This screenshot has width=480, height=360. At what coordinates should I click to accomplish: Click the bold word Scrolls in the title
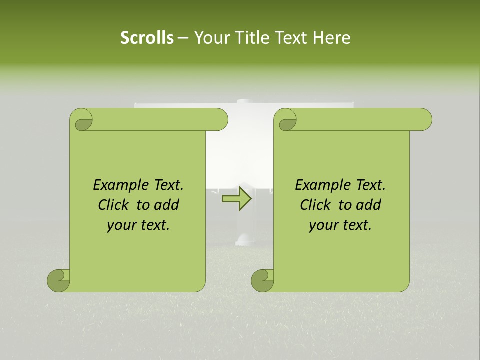click(x=147, y=38)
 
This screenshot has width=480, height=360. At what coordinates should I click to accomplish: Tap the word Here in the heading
click(x=331, y=38)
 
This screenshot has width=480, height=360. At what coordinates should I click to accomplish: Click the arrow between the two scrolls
click(x=237, y=199)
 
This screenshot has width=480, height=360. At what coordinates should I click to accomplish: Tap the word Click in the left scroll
click(x=114, y=205)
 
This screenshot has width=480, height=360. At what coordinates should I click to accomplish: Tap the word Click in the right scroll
click(x=316, y=205)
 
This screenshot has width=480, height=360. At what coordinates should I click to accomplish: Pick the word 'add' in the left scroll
click(x=167, y=205)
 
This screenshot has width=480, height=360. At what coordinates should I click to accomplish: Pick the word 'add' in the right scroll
click(x=369, y=205)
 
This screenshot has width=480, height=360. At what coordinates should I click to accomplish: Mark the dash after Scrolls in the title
click(x=183, y=38)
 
